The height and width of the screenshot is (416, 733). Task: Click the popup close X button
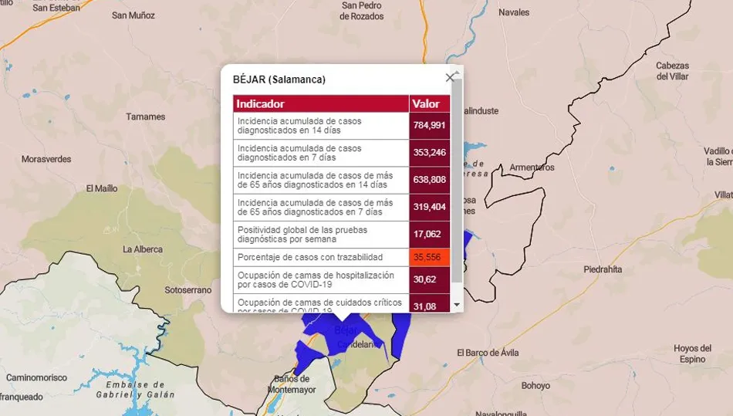click(x=450, y=77)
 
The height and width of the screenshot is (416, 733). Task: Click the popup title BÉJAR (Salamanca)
click(x=279, y=79)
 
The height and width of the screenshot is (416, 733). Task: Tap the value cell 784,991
click(x=429, y=126)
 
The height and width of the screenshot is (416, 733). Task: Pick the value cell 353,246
click(x=429, y=153)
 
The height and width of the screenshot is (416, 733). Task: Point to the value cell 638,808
click(x=429, y=180)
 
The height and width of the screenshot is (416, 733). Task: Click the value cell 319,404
click(x=429, y=207)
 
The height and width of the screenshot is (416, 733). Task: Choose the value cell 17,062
click(x=429, y=234)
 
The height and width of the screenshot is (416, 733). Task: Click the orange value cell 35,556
click(x=429, y=257)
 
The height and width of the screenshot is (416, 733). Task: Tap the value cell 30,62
click(x=429, y=279)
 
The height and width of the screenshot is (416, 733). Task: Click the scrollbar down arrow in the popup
click(x=457, y=305)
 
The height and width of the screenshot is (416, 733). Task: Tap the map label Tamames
click(x=146, y=117)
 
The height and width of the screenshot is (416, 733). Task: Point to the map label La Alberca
click(x=143, y=249)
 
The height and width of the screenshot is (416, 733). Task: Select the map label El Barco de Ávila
click(x=488, y=353)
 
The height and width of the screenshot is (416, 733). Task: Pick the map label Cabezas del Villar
click(x=672, y=71)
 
